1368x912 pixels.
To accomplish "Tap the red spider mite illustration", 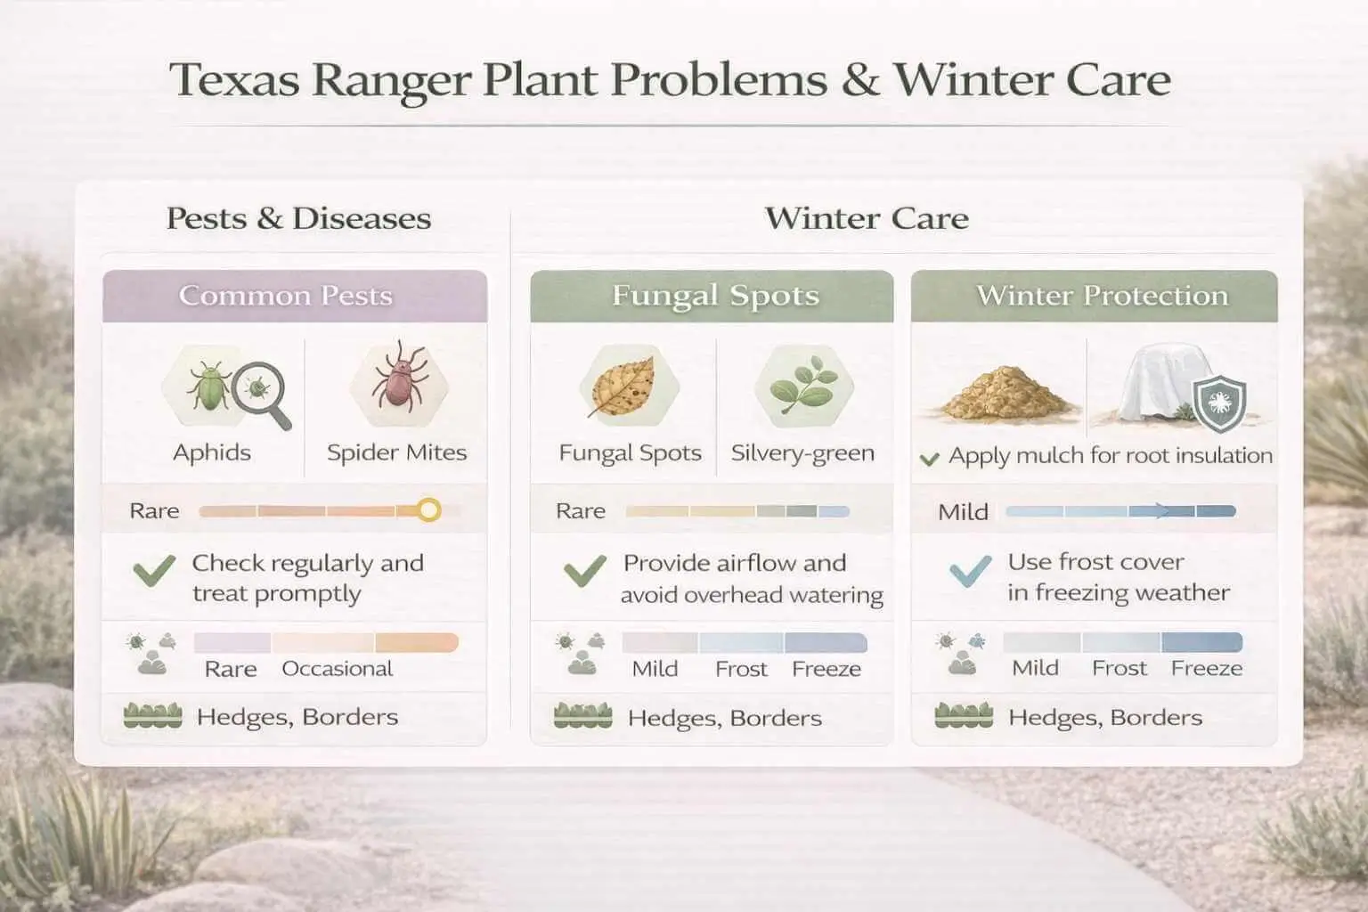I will click(397, 381).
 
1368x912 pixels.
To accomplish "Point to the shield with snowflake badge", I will click(1219, 403).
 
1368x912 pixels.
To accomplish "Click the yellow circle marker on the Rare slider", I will click(429, 510).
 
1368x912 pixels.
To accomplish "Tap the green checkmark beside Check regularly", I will click(153, 570).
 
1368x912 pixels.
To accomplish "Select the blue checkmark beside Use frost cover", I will click(970, 571).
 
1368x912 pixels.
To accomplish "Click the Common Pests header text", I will click(286, 296).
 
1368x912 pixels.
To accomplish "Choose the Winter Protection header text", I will click(1102, 296).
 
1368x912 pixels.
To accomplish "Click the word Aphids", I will click(212, 452).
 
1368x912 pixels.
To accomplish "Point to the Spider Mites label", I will click(396, 452).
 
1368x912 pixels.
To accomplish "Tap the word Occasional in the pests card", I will click(338, 669).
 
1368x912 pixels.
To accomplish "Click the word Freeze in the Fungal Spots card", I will click(826, 669).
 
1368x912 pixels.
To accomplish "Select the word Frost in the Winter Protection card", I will click(1120, 668).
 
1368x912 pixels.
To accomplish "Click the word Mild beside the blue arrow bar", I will click(963, 512).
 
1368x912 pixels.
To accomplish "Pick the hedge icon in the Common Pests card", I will click(152, 716).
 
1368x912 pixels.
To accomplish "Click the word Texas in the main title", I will click(232, 79).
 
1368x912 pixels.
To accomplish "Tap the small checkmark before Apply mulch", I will click(929, 459).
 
